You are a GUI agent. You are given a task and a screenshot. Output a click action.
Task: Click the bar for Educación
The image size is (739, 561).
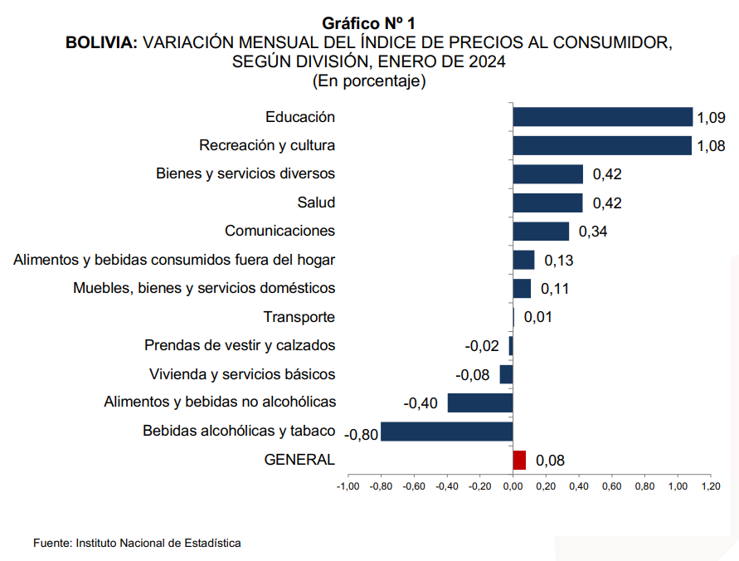pyautogui.click(x=602, y=117)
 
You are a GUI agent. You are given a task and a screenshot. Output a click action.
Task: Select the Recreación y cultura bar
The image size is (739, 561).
pyautogui.click(x=602, y=145)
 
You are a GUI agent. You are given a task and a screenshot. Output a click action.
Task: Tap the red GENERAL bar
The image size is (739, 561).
pyautogui.click(x=519, y=460)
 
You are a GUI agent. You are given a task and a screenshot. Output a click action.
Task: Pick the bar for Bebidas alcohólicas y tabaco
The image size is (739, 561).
pyautogui.click(x=446, y=432)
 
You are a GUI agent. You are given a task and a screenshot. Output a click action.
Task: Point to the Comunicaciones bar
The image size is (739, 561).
pyautogui.click(x=541, y=232)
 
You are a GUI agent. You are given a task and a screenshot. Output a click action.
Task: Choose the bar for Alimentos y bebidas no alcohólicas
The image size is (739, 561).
pyautogui.click(x=480, y=402)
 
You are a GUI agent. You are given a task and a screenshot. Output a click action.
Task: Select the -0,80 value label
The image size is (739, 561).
pyautogui.click(x=361, y=433)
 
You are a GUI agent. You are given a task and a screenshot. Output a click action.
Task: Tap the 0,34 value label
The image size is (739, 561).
pyautogui.click(x=592, y=232)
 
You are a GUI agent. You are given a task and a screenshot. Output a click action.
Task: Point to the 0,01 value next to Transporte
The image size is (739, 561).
pyautogui.click(x=537, y=317)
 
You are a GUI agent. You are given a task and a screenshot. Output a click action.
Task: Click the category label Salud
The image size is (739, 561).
pyautogui.click(x=316, y=202)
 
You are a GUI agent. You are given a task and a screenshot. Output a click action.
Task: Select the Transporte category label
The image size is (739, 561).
pyautogui.click(x=299, y=317)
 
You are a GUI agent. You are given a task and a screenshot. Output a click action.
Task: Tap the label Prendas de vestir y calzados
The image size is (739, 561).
pyautogui.click(x=240, y=345)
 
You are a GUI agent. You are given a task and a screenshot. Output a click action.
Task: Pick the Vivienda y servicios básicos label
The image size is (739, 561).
pyautogui.click(x=242, y=374)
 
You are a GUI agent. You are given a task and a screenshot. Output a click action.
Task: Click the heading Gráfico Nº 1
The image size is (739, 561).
pyautogui.click(x=369, y=24)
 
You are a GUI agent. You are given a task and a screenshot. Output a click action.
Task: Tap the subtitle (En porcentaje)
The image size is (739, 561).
pyautogui.click(x=369, y=80)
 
